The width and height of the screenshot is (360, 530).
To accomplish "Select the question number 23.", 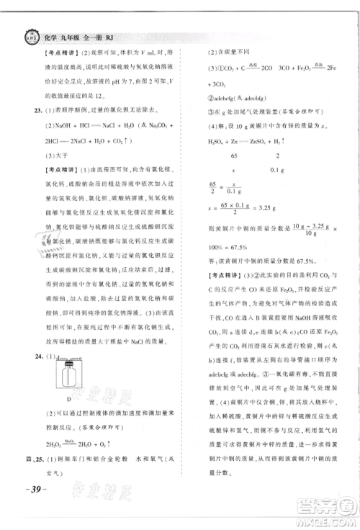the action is pyautogui.click(x=29, y=111).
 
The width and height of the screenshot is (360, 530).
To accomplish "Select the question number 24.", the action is pyautogui.click(x=29, y=356).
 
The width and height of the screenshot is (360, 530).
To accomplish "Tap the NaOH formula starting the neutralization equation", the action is pyautogui.click(x=64, y=125).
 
